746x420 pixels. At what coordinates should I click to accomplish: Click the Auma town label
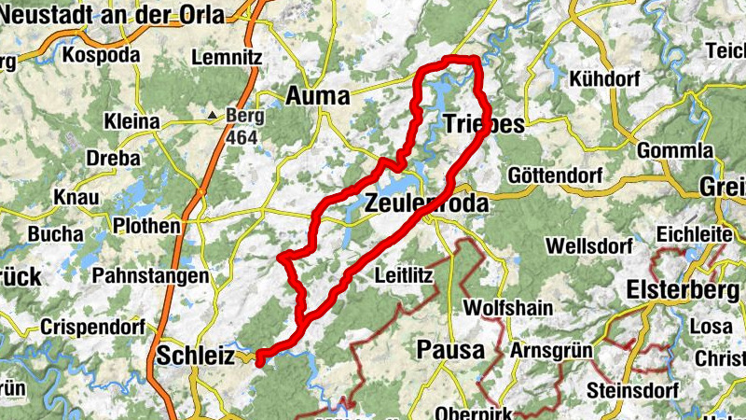coord(317,95)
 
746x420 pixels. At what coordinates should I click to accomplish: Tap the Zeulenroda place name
coord(425,203)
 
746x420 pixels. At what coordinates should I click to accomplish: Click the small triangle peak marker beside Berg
coord(214,115)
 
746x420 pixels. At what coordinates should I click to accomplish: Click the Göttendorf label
coord(557,175)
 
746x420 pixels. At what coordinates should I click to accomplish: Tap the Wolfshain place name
coord(507,307)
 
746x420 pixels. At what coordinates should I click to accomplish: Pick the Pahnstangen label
coord(150,276)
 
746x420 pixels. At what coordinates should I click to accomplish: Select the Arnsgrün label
coord(552,351)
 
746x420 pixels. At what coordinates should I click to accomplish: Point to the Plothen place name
coord(146,226)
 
